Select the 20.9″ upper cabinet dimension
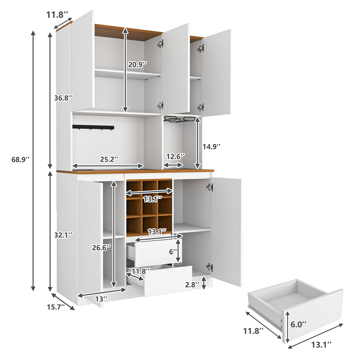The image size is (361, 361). pyautogui.click(x=137, y=64)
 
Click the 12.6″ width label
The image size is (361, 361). pyautogui.click(x=176, y=156)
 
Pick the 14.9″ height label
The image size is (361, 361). pyautogui.click(x=212, y=147)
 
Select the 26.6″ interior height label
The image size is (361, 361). pyautogui.click(x=101, y=247)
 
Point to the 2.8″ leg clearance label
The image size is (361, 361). pyautogui.click(x=192, y=284)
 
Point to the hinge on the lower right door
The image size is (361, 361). pyautogui.click(x=209, y=267)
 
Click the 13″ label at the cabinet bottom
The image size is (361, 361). pyautogui.click(x=101, y=299)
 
